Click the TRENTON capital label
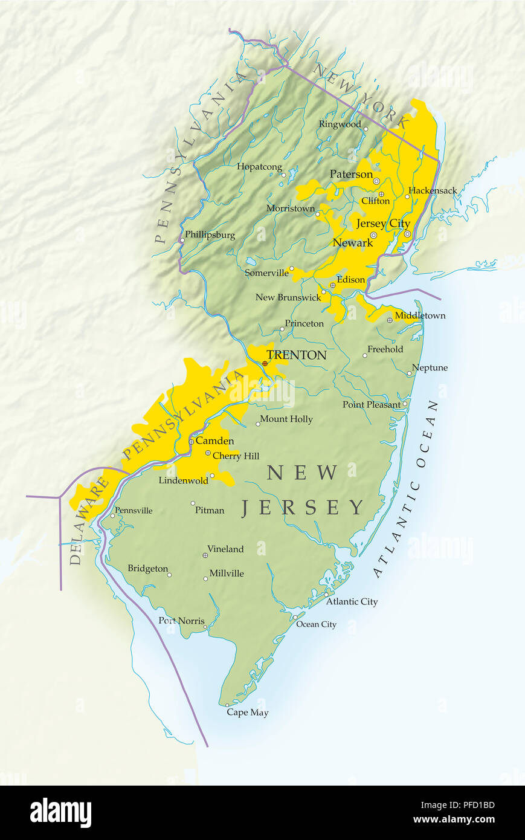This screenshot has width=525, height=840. coord(297,355)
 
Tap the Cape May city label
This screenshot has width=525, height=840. coord(248,712)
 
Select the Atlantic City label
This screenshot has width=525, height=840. coord(352,601)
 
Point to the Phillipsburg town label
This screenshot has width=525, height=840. coord(210,234)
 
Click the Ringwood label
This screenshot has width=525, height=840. coord(340,124)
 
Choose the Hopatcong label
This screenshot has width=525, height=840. coord(259,167)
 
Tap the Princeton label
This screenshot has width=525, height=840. coord(304,323)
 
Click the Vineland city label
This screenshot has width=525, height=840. coord(225,549)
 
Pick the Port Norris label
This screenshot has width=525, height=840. coord(181,621)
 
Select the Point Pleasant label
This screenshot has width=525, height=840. coord(371,404)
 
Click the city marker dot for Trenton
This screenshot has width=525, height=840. coord(265,363)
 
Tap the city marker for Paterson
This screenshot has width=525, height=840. coord(376,181)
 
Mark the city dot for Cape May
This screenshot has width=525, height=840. coord(227,705)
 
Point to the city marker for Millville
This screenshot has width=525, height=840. coord(205,578)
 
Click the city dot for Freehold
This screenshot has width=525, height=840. coord(364,355)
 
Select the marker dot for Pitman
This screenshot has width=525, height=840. coord(193,503)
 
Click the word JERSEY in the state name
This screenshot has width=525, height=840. coord(303,508)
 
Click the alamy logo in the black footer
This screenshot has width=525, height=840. coord(60,813)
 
